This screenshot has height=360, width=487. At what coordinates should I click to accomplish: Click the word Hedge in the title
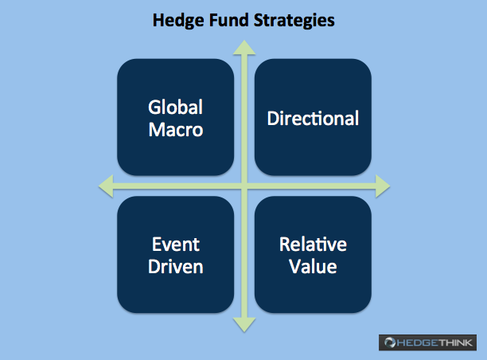[x=178, y=21]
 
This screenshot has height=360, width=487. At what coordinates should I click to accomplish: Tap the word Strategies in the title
[x=294, y=21]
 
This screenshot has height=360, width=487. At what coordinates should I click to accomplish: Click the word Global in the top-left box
[x=176, y=108]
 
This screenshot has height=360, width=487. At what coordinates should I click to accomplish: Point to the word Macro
[x=176, y=130]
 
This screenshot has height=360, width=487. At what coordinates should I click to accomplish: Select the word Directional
[x=313, y=118]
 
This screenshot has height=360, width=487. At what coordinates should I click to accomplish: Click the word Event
[x=176, y=245]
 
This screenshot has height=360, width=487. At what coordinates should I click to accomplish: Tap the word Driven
[x=176, y=267]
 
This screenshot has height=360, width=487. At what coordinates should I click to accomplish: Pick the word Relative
[x=313, y=245]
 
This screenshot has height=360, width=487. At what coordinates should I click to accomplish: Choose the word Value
[x=313, y=267]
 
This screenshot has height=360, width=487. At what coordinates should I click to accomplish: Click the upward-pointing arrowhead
[x=244, y=48]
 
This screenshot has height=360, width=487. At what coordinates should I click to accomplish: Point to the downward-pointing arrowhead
[x=244, y=325]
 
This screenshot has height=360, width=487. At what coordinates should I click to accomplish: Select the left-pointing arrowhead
[x=106, y=186]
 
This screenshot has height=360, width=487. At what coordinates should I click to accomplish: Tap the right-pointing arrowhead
[x=383, y=186]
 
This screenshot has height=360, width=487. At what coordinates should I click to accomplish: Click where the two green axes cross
[x=244, y=186]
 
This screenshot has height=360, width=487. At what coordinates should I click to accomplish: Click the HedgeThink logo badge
[x=427, y=342]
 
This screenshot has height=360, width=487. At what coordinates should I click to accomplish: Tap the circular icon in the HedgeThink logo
[x=390, y=342]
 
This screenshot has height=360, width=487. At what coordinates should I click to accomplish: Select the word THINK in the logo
[x=456, y=342]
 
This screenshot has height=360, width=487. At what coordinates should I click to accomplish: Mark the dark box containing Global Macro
[x=176, y=117]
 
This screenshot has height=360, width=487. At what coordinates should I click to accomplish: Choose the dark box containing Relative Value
[x=313, y=255]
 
